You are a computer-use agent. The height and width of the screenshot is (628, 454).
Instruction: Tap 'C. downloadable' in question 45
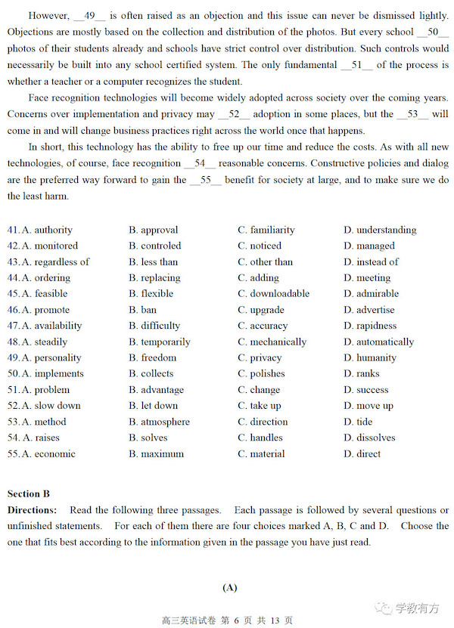[x=273, y=293]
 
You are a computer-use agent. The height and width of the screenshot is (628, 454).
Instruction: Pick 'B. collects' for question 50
[x=153, y=373]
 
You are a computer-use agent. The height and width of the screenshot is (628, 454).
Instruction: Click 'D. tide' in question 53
[x=358, y=422]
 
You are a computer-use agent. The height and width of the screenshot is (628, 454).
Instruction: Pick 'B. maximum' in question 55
[x=156, y=453]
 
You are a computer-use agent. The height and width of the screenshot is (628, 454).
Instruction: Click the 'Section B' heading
[x=29, y=493]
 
